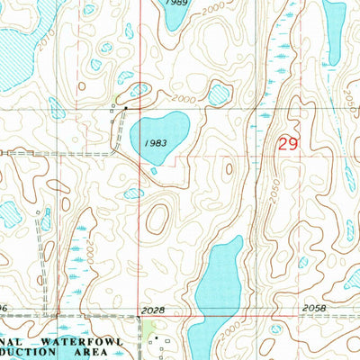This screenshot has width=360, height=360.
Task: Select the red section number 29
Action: (x=287, y=144)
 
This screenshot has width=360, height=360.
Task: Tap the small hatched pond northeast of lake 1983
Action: (x=220, y=92)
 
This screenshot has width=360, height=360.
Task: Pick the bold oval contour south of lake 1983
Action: (x=157, y=217)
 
